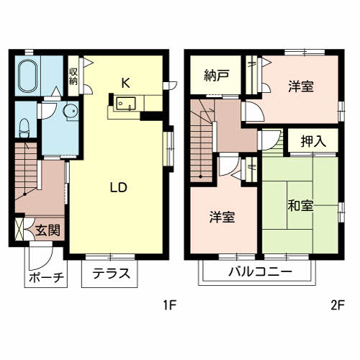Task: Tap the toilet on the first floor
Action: (24, 127)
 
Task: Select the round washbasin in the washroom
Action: (70, 112)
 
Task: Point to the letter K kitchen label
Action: (125, 81)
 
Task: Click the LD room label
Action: (118, 187)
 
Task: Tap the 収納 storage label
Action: (73, 76)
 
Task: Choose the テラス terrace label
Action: (111, 273)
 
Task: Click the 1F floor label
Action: (169, 305)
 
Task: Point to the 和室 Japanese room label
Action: (299, 206)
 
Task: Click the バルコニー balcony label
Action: (260, 272)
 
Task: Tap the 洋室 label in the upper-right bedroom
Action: (301, 86)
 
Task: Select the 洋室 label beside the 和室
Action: (222, 217)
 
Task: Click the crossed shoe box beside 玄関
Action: (19, 231)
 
